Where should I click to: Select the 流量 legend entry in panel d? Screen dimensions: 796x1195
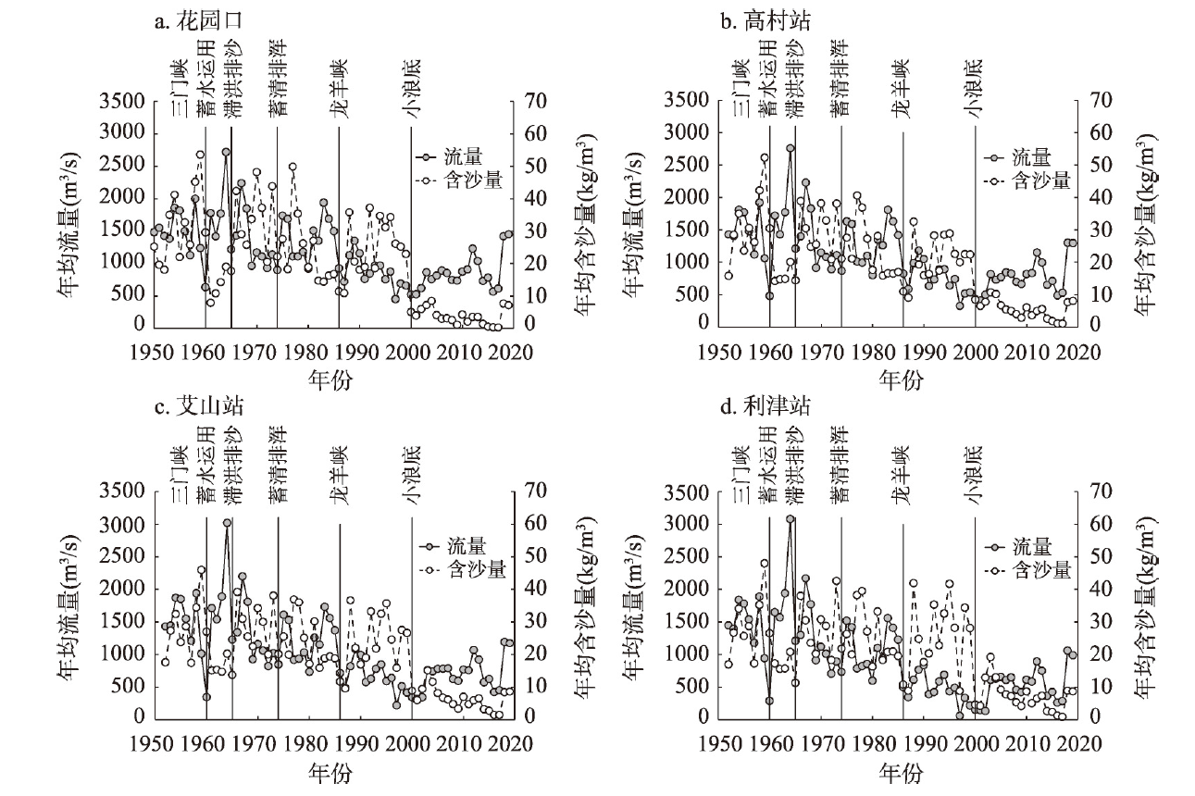(1030, 548)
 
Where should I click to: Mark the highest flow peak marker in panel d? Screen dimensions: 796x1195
(790, 519)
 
